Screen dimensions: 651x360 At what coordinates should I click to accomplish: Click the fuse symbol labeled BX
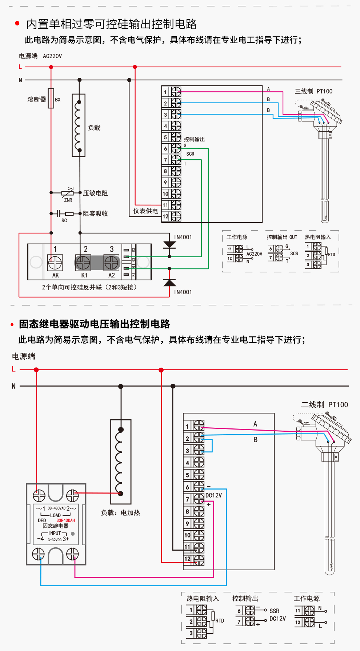51,98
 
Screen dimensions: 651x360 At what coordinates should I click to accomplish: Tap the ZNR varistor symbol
68,192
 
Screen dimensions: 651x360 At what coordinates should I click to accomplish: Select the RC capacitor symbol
59,213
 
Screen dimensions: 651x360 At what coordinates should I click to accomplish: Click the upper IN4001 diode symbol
169,245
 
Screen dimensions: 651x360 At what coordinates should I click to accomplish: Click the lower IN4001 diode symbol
169,283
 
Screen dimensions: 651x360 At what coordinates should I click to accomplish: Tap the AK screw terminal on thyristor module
55,263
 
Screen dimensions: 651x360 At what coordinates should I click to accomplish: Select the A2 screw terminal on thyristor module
111,263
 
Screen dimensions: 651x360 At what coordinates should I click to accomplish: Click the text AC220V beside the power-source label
52,56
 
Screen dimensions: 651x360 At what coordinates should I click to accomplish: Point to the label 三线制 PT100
313,91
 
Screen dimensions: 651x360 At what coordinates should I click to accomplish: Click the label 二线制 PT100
324,404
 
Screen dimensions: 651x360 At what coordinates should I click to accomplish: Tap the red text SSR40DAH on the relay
65,520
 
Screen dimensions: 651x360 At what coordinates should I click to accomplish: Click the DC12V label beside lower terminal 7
213,495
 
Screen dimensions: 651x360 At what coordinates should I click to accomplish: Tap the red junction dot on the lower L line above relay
36,370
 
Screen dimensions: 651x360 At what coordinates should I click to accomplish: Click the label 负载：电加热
120,513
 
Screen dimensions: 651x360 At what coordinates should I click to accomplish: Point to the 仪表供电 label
145,211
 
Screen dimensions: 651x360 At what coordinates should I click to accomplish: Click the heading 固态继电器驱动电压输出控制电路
95,324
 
